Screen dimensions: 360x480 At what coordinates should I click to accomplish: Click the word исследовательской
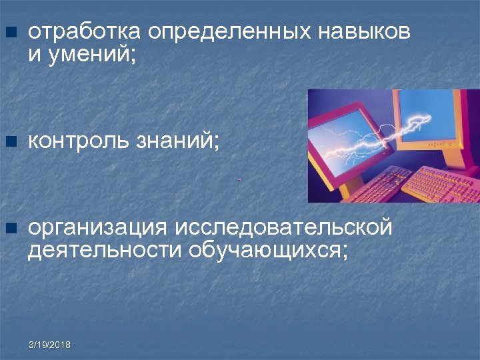point(284,228)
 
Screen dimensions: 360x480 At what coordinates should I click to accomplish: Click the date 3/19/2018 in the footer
point(50,345)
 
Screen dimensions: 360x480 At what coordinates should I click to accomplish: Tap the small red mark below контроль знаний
point(239,179)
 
